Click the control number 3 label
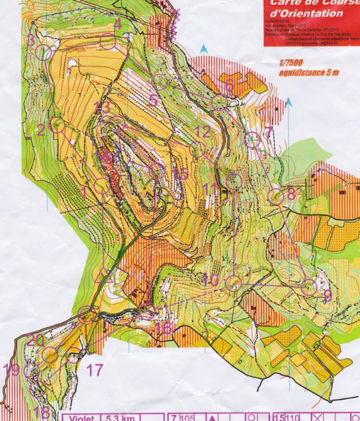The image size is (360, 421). point(31,41)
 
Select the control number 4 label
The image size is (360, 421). point(117,24)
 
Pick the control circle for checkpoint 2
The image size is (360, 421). point(57,125)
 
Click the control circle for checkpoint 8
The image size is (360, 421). point(276,196)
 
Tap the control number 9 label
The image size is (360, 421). point(328,294)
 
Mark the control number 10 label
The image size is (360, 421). point(211,280)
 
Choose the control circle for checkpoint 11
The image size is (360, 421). point(234,180)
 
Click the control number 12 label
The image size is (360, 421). point(203,132)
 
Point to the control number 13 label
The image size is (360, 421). point(102,107)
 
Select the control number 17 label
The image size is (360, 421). point(96,370)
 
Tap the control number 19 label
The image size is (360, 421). point(11,369)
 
